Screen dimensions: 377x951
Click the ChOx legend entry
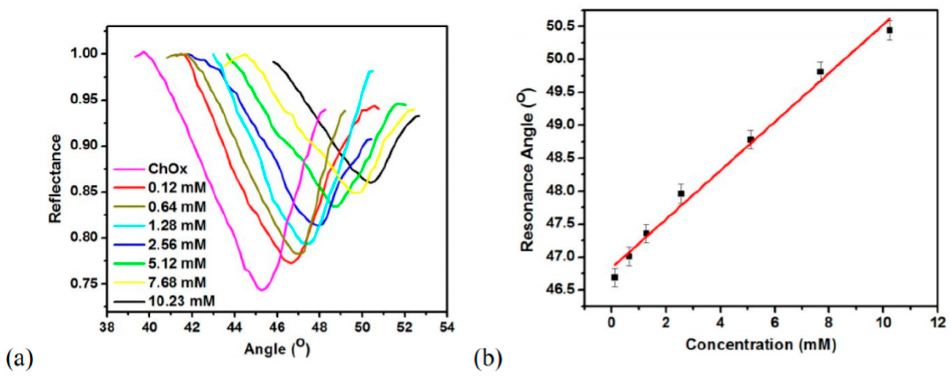point(168,169)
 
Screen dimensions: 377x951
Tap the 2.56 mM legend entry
point(177,245)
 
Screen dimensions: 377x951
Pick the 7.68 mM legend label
point(177,283)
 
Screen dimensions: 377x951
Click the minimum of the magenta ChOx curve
point(262,290)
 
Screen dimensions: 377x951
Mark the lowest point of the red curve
point(291,263)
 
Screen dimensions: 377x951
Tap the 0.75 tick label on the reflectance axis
point(85,284)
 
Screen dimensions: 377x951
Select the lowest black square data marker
point(614,277)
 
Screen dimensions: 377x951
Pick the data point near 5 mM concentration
point(750,140)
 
